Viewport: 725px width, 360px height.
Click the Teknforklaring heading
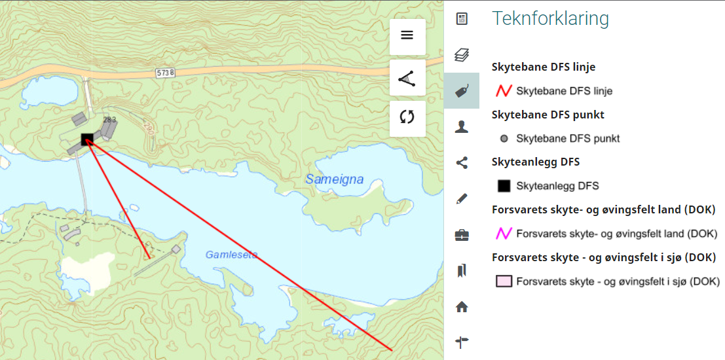point(550,18)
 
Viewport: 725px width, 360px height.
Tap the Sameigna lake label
point(334,179)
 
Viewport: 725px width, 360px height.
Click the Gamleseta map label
point(231,255)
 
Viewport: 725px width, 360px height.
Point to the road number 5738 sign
point(165,72)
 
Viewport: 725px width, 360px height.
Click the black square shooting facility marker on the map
point(86,139)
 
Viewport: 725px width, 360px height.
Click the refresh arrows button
point(407,118)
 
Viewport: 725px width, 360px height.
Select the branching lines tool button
point(407,77)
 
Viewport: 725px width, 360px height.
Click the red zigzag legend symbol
point(503,91)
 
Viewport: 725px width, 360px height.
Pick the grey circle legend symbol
point(504,139)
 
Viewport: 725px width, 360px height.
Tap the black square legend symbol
point(504,186)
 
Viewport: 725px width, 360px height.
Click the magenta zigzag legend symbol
point(503,234)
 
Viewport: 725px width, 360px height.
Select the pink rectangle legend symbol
point(504,281)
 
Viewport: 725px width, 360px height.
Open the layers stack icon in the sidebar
point(462,55)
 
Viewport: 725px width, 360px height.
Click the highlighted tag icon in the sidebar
point(462,91)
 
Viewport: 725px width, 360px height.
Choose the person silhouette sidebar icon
point(462,127)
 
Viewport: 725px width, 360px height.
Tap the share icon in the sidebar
point(462,163)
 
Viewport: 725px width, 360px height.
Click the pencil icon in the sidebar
point(462,198)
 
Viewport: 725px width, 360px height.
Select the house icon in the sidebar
point(462,306)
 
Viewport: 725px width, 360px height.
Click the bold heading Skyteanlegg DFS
point(536,162)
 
